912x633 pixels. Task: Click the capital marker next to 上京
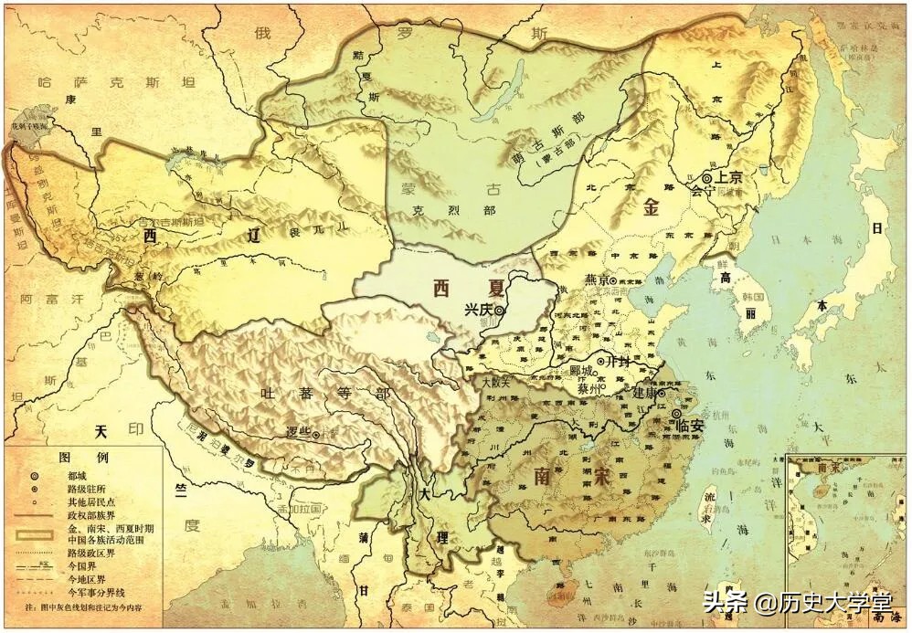coord(706,178)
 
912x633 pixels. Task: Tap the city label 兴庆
coord(479,310)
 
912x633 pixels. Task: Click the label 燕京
coord(595,280)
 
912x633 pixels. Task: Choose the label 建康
coord(647,392)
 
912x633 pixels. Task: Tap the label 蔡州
coord(589,388)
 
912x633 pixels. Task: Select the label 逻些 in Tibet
coord(295,435)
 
